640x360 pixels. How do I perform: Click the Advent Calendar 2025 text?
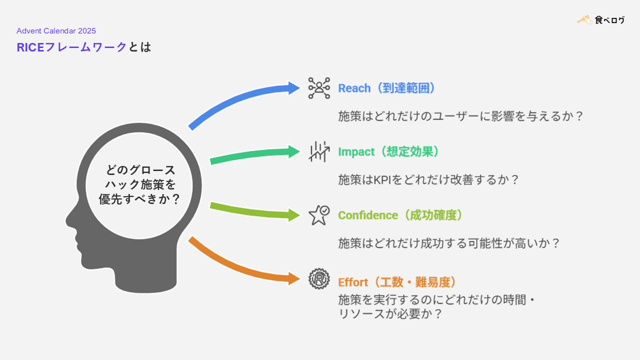[x=56, y=31]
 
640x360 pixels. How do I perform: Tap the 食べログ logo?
[x=600, y=20]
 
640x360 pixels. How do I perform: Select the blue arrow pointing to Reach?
[x=240, y=102]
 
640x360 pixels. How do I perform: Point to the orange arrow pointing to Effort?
[x=240, y=265]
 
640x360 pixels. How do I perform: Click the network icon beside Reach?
[x=319, y=88]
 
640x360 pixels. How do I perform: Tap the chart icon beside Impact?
[x=319, y=151]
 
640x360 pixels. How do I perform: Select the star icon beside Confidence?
[x=318, y=215]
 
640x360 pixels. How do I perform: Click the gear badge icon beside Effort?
[x=319, y=278]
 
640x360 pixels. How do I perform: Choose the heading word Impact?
[x=356, y=152]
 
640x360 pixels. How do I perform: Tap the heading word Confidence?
[x=368, y=215]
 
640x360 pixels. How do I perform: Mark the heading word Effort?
[x=353, y=282]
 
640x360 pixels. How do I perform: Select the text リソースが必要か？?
[x=390, y=314]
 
